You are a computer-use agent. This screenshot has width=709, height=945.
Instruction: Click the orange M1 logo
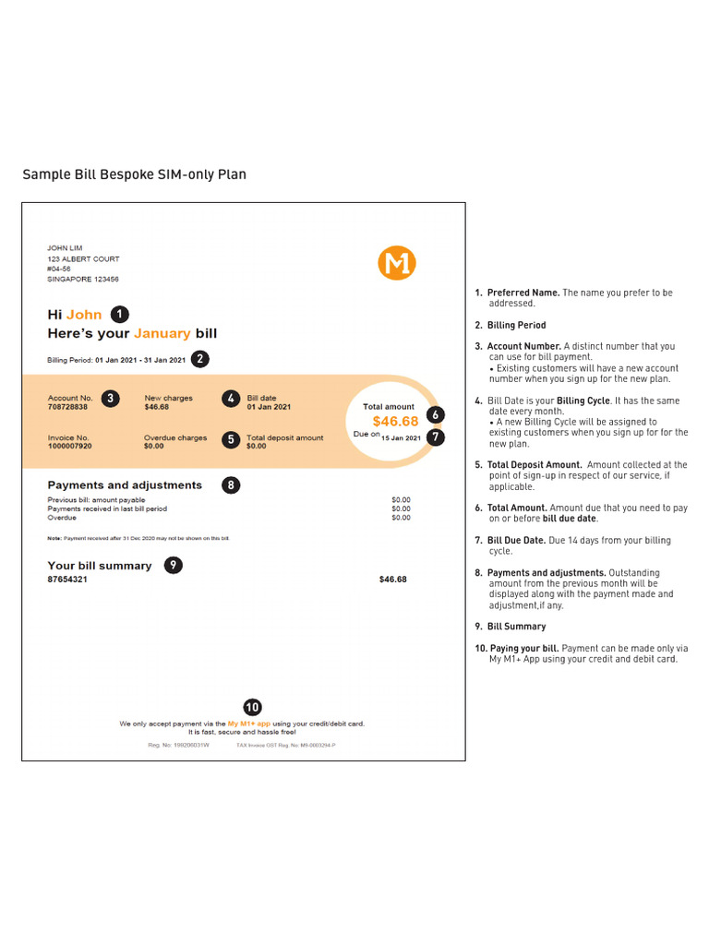point(397,263)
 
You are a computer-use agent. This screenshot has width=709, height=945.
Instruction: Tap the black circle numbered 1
point(120,314)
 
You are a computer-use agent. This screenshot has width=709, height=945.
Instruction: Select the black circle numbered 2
point(199,359)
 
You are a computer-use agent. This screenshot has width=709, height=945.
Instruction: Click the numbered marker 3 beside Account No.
point(110,399)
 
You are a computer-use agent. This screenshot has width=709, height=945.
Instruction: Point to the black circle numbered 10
point(251,707)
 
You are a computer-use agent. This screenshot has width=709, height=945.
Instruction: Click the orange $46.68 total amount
point(395,422)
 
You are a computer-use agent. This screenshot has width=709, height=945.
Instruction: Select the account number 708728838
point(67,407)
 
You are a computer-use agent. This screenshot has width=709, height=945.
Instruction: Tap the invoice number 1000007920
point(69,446)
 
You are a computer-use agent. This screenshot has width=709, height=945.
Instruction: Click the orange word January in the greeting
point(162,333)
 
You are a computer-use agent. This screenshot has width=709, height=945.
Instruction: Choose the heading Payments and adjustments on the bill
point(125,484)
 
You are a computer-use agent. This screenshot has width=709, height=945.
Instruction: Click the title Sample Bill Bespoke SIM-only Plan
point(134,174)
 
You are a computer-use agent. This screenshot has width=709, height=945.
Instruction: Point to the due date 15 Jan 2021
point(401,437)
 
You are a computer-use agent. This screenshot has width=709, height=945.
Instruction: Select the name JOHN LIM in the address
point(65,248)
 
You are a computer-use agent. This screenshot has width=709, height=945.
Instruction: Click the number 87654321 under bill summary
point(67,580)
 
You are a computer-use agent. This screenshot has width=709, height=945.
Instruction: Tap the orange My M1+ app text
point(249,724)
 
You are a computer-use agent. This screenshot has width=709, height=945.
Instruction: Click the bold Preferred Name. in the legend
point(523,293)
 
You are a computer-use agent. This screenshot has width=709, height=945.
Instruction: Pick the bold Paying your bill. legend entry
point(523,648)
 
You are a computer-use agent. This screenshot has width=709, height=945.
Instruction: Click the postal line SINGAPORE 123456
point(83,279)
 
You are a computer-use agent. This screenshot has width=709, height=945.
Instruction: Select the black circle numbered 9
point(173,566)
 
